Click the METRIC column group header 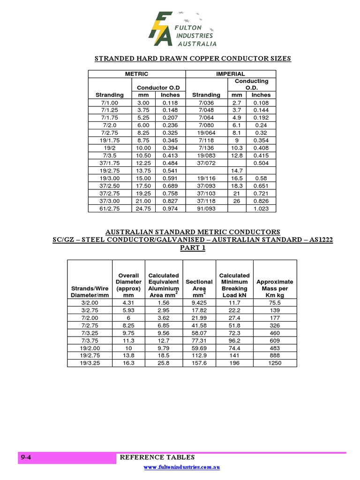coord(136,74)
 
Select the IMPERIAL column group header coord(231,74)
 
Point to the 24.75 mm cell coord(142,209)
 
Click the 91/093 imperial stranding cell coord(206,209)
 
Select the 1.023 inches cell coord(261,209)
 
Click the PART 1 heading coord(193,248)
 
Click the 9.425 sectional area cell coord(199,303)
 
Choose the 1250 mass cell coord(275,363)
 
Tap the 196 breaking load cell coord(234,363)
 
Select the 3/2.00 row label coord(90,303)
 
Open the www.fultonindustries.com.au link coord(182,467)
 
